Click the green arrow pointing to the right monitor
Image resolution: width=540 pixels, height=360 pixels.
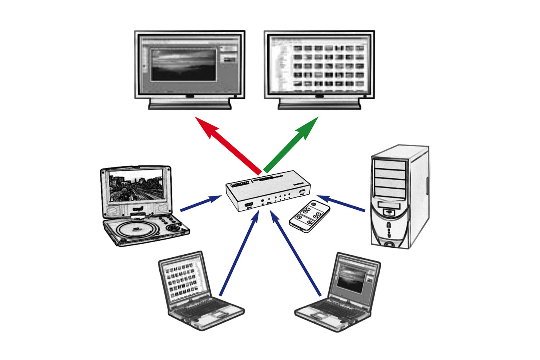(291, 145)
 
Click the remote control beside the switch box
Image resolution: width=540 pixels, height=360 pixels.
(310, 216)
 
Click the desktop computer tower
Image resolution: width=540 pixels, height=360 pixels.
(399, 197)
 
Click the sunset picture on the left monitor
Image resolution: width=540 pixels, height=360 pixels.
(183, 64)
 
